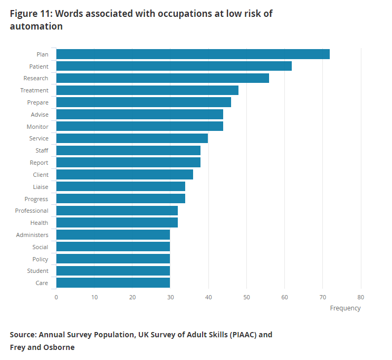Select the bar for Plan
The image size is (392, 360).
193,54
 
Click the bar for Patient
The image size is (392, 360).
174,66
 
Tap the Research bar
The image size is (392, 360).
162,78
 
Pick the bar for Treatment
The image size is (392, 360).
147,90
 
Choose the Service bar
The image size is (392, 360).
132,138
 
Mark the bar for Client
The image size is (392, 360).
125,175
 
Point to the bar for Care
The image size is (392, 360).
113,283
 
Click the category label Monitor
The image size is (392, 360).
37,127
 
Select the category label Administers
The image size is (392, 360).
32,235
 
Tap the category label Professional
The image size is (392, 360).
32,211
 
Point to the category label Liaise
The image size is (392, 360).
41,187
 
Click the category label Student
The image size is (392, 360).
38,271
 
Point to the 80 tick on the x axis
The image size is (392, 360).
361,297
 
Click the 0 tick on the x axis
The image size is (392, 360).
56,297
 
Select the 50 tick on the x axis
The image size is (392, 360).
247,297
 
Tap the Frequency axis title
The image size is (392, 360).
345,308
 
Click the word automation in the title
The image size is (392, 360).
36,26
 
